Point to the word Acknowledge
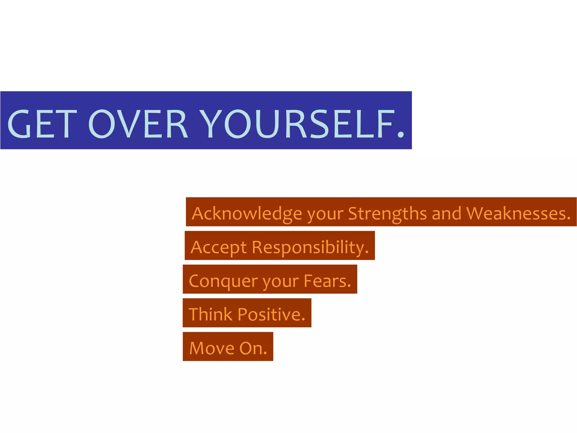point(247,214)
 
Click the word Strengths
point(387,214)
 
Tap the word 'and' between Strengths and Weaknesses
point(447,214)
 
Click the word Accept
point(219,248)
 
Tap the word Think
point(210,314)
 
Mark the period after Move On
point(265,353)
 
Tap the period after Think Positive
point(303,320)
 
